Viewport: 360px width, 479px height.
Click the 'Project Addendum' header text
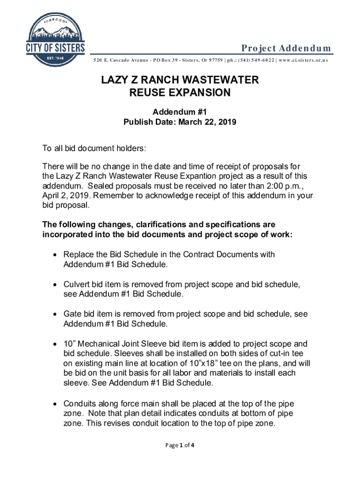(286, 49)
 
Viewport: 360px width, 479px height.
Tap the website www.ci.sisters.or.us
(303, 60)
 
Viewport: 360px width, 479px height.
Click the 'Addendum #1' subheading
(180, 112)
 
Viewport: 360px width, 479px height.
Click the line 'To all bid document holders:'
(94, 149)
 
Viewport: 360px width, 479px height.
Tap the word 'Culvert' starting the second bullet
(77, 284)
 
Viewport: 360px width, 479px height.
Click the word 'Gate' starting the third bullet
(72, 314)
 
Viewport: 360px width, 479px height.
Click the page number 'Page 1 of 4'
(180, 445)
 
